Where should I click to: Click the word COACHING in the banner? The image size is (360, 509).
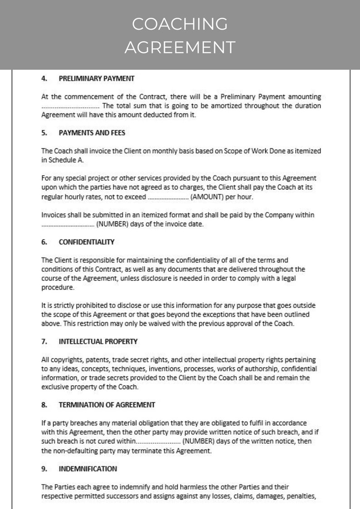(180, 24)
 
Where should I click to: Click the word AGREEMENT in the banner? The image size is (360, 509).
(180, 47)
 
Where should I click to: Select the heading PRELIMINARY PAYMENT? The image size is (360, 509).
(97, 78)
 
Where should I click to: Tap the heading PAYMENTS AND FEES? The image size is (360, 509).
(92, 133)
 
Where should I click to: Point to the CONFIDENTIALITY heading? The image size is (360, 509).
(87, 242)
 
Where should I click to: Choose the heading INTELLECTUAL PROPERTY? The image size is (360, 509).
(98, 341)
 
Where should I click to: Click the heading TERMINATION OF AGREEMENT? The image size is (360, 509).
(107, 404)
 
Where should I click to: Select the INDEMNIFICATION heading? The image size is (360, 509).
(88, 468)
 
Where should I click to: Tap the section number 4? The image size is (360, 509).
(44, 78)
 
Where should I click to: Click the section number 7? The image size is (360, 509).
(44, 341)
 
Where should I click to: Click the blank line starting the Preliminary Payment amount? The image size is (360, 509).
(70, 106)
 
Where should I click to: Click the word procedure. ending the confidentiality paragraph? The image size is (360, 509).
(58, 287)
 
